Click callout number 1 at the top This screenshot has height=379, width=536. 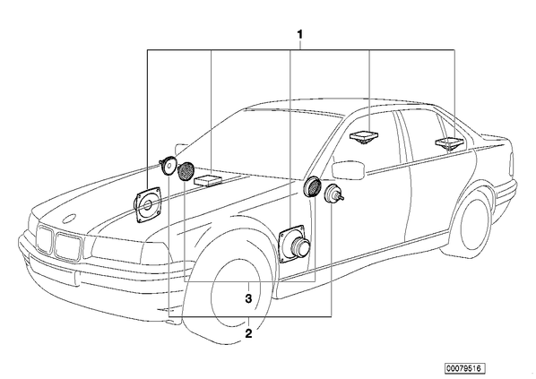point(299,35)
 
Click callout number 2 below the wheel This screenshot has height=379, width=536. point(248,333)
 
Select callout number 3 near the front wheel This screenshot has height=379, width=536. point(248,298)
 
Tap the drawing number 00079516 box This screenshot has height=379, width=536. point(464,368)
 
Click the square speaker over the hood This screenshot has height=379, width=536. point(147,204)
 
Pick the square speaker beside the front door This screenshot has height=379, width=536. point(294,244)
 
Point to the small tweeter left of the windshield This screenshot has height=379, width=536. point(168,165)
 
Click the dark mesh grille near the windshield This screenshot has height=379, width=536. point(186,171)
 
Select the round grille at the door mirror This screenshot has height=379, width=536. point(313,187)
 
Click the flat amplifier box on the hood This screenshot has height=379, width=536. point(207,180)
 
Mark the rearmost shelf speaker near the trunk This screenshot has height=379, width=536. point(449,143)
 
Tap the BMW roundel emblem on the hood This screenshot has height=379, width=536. point(72,219)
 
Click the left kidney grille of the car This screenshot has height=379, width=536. point(45,240)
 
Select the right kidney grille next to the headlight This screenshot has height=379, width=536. point(68,246)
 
